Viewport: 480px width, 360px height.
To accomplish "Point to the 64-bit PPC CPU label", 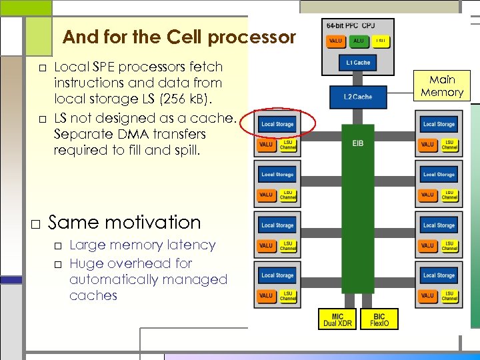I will pos(350,25).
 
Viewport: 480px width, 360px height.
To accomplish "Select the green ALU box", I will pos(358,41).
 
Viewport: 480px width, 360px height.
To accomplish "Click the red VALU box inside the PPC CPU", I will pos(335,41).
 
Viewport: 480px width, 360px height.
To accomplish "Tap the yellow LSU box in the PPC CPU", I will pos(380,41).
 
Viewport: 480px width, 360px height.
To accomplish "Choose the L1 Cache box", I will pos(358,63).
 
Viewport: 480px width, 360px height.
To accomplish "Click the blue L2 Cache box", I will pos(358,97).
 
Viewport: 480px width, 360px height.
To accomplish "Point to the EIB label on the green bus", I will pos(358,143).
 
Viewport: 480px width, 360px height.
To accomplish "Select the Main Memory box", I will pos(441,85).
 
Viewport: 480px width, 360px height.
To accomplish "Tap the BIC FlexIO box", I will pos(379,319).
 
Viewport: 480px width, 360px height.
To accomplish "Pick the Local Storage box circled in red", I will pos(277,124).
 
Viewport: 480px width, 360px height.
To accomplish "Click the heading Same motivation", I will pos(124,222).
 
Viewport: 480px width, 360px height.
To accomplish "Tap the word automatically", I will pos(114,279).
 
